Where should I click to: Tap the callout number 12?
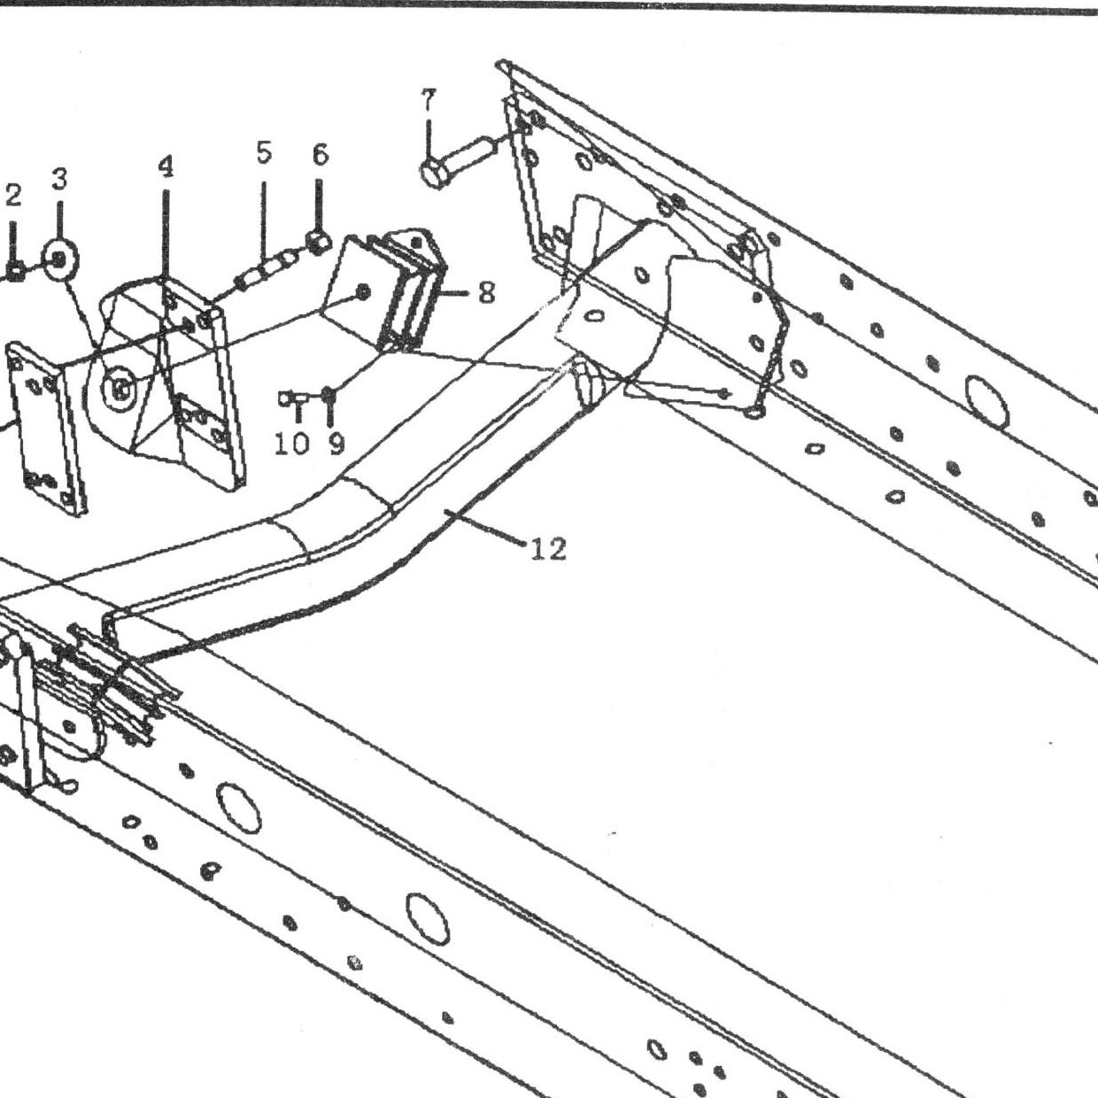548,549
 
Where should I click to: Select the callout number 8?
486,293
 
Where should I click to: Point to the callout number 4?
165,166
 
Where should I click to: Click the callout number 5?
263,152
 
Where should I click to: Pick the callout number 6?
321,155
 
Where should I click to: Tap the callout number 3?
59,179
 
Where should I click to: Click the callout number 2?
13,196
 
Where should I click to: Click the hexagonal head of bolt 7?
435,172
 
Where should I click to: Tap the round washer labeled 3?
60,259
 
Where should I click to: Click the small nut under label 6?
320,241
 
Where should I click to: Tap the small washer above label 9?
329,394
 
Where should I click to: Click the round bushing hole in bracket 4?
120,390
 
